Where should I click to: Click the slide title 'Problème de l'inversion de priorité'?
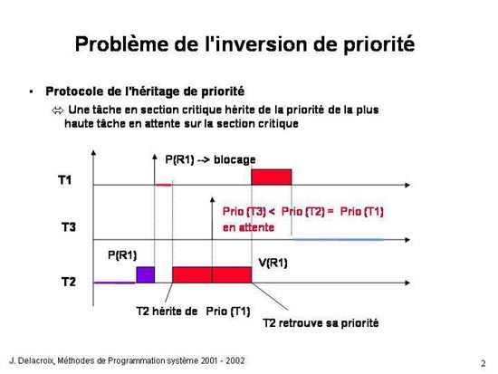click(x=244, y=44)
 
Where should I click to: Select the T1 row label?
click(x=65, y=180)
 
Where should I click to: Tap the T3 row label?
click(x=69, y=227)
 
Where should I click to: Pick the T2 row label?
click(x=69, y=282)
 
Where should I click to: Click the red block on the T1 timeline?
click(x=272, y=177)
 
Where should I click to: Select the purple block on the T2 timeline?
click(x=146, y=275)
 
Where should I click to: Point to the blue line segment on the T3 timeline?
click(x=339, y=239)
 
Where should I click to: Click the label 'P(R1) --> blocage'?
click(x=210, y=159)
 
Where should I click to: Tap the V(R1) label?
click(x=273, y=263)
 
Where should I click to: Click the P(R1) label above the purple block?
click(x=122, y=254)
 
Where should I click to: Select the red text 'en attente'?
click(x=248, y=227)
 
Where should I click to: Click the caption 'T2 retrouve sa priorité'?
click(x=321, y=323)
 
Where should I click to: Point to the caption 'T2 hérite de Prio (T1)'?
click(x=193, y=312)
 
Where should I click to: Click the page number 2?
click(x=484, y=363)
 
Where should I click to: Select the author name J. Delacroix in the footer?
click(x=33, y=360)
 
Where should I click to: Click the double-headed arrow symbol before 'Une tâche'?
click(x=57, y=110)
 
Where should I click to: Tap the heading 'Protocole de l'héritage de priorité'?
click(x=145, y=91)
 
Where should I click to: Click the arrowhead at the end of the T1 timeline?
click(x=407, y=185)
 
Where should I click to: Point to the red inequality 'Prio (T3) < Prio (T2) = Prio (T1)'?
click(x=303, y=212)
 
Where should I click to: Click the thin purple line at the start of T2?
click(x=115, y=283)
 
